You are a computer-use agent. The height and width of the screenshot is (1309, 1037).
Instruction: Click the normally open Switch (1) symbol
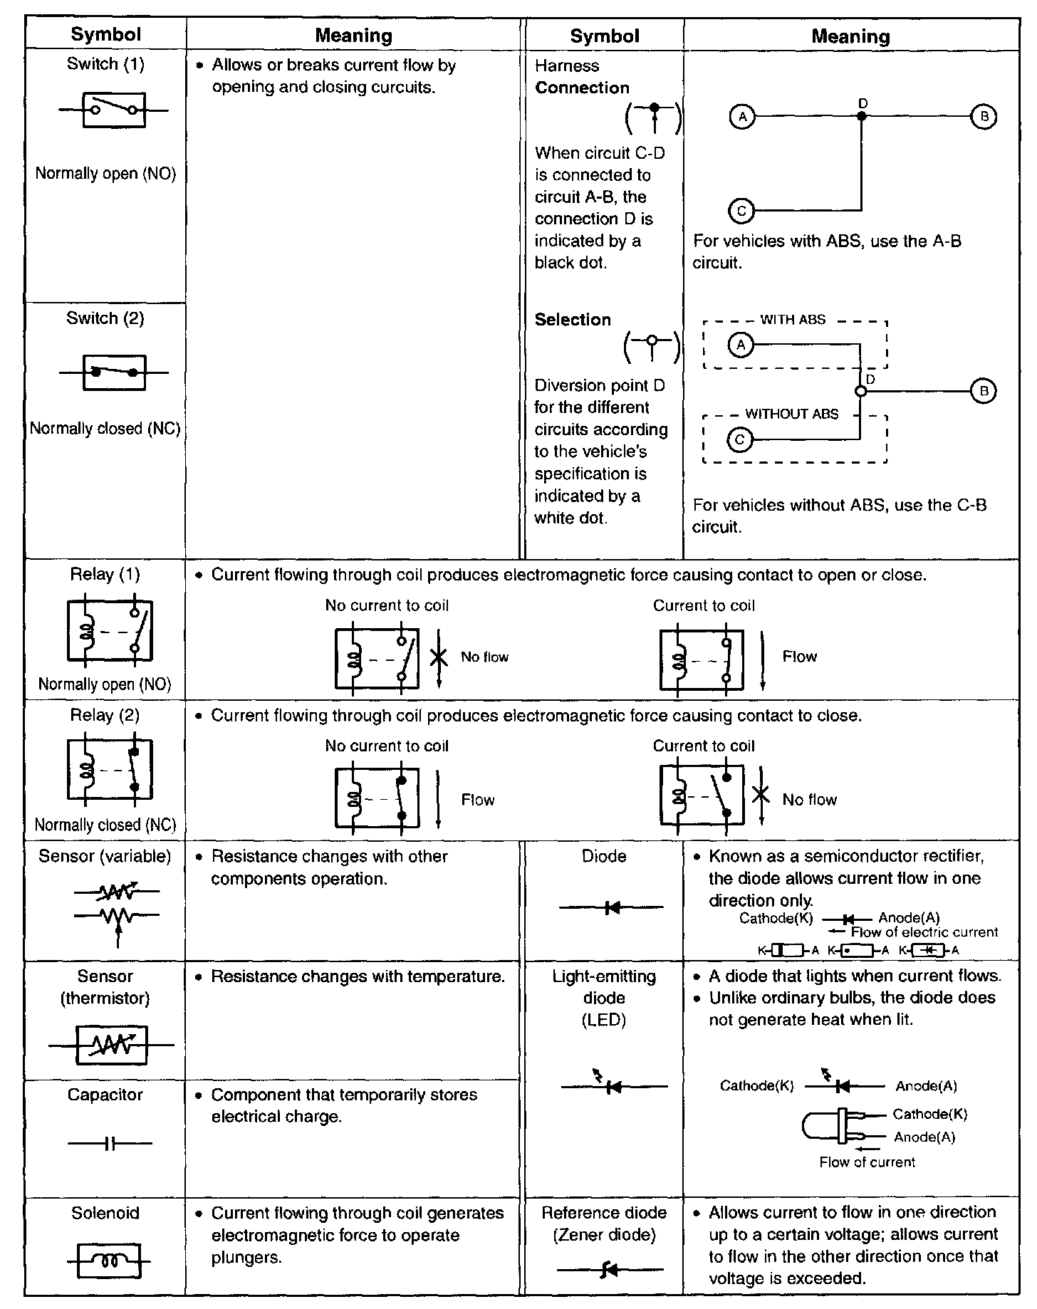pos(114,110)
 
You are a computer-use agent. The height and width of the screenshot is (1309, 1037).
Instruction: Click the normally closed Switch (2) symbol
pos(114,372)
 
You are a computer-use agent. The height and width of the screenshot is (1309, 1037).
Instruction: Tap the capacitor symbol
pos(110,1144)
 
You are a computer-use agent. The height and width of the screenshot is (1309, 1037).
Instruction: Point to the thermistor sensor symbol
pos(111,1045)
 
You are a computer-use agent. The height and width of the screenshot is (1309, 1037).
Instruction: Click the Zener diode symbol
pos(610,1268)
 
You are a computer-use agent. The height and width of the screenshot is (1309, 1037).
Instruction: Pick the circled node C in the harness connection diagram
pos(741,211)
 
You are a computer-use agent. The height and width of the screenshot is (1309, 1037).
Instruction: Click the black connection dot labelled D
pos(862,116)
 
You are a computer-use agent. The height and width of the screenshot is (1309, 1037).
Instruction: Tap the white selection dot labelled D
pos(860,391)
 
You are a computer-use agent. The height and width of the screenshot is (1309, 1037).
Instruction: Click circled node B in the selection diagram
pos(984,390)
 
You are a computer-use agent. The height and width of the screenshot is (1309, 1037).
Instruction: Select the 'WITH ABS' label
pos(793,320)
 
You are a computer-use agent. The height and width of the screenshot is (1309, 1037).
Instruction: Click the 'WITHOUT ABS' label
pos(792,414)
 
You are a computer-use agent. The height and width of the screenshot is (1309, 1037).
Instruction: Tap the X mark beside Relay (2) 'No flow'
pos(761,795)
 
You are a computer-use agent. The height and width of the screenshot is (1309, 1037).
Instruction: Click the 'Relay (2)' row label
pos(105,715)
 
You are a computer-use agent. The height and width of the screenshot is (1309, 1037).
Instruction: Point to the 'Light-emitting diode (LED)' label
pos(604,997)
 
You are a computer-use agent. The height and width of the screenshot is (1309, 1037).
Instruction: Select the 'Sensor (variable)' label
pos(105,856)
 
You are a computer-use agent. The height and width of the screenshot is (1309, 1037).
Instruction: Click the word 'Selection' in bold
pos(573,320)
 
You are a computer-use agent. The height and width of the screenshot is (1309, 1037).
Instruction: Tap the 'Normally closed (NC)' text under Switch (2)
pos(105,429)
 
